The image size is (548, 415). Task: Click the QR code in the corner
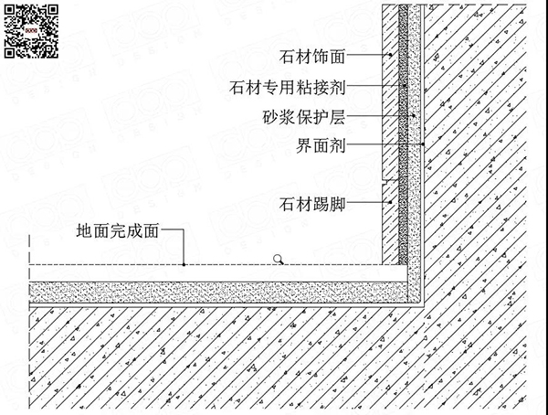tap(31, 31)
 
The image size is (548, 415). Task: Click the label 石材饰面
tap(312, 57)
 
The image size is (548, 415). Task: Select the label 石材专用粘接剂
tap(288, 87)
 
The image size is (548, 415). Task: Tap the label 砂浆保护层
tap(304, 117)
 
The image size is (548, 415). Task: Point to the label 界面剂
tap(321, 145)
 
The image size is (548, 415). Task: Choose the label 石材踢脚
tap(312, 204)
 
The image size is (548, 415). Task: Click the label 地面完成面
tap(118, 231)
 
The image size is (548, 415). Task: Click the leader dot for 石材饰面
tap(390, 55)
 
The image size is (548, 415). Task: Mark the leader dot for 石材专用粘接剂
tap(405, 85)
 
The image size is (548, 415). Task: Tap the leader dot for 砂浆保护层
tap(414, 115)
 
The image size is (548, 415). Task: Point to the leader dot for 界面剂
tap(423, 144)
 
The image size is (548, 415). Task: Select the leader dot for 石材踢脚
tap(390, 201)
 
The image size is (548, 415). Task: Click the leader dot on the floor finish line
tap(184, 264)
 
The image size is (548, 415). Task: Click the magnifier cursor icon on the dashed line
tap(279, 260)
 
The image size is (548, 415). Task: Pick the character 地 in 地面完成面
tap(84, 231)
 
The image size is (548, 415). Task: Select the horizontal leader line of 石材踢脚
tap(368, 201)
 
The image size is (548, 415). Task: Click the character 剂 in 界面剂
tap(338, 145)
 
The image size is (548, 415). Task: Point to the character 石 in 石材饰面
tap(287, 57)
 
